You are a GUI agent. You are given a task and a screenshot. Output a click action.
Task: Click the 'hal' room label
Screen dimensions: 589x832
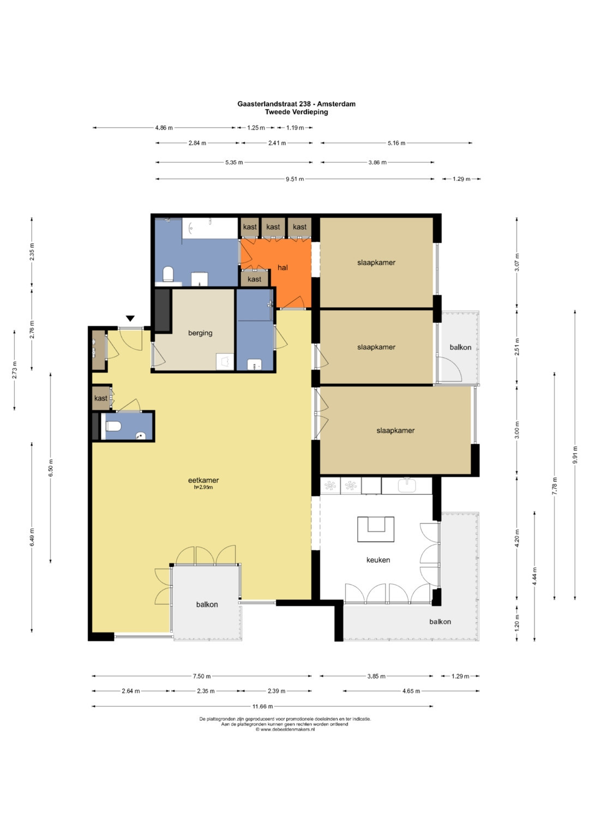[x=283, y=268]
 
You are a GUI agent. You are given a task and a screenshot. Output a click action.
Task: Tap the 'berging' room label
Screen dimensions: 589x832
[x=200, y=333]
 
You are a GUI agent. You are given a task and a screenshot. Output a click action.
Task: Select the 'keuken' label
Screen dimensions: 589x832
[x=378, y=560]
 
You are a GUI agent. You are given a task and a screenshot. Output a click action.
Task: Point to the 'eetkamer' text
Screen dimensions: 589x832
[x=203, y=480]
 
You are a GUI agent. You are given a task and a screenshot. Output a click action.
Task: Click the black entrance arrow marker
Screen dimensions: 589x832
[x=130, y=318]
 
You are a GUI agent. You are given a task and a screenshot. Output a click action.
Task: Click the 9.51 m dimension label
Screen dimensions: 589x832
[x=295, y=179]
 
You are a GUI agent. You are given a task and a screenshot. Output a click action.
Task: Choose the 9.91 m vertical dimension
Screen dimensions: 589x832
[x=575, y=454]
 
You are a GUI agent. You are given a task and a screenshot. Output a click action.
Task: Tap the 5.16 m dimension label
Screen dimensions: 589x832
[x=396, y=143]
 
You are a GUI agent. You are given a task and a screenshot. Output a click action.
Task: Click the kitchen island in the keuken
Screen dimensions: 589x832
[x=376, y=529]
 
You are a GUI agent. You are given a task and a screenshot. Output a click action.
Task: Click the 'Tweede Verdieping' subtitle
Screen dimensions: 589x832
[x=296, y=112]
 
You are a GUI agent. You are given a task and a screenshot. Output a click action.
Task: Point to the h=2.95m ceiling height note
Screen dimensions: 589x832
[x=203, y=487]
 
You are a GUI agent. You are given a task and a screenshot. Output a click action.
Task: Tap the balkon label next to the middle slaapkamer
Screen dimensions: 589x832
[x=460, y=347]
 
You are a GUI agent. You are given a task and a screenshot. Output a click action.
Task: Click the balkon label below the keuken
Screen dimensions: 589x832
[x=440, y=621]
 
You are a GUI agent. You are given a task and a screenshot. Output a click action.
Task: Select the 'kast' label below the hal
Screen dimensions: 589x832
[x=254, y=279]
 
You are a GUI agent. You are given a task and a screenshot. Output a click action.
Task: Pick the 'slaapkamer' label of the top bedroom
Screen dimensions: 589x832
[x=376, y=263]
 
